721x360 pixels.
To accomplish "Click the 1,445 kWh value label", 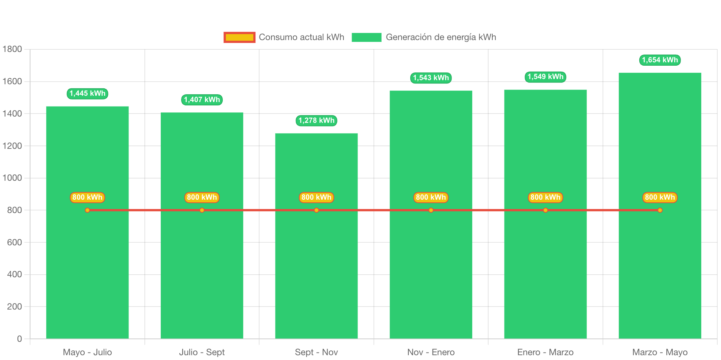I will (x=87, y=94).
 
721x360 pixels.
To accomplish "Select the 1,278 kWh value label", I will (x=316, y=121).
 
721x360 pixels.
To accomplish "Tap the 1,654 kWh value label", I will (x=660, y=60).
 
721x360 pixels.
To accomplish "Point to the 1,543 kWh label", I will (x=431, y=78).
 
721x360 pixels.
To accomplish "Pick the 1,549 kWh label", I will (x=545, y=77).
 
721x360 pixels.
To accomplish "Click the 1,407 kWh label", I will (x=202, y=100).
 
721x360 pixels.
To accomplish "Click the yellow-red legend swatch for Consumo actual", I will (x=239, y=37).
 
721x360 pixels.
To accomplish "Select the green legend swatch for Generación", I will (x=366, y=37).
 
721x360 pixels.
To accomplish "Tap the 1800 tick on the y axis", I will (x=12, y=49).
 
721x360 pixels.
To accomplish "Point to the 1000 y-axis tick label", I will (x=12, y=178).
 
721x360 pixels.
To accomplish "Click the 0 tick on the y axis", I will (x=19, y=339).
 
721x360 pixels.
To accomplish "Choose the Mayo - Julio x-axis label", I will (x=87, y=352).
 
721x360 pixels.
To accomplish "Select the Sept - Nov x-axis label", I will (x=316, y=352).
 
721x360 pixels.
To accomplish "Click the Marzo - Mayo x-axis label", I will (x=660, y=352).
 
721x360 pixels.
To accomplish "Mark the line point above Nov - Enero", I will (x=431, y=210).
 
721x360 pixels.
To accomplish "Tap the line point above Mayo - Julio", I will (x=87, y=210).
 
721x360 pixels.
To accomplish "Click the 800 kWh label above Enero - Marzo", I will (x=545, y=197).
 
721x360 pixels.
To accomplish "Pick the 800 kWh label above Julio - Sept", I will (x=202, y=197).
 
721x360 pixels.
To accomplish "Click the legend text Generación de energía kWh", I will (x=441, y=37).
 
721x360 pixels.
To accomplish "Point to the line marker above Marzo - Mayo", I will (x=660, y=210).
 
